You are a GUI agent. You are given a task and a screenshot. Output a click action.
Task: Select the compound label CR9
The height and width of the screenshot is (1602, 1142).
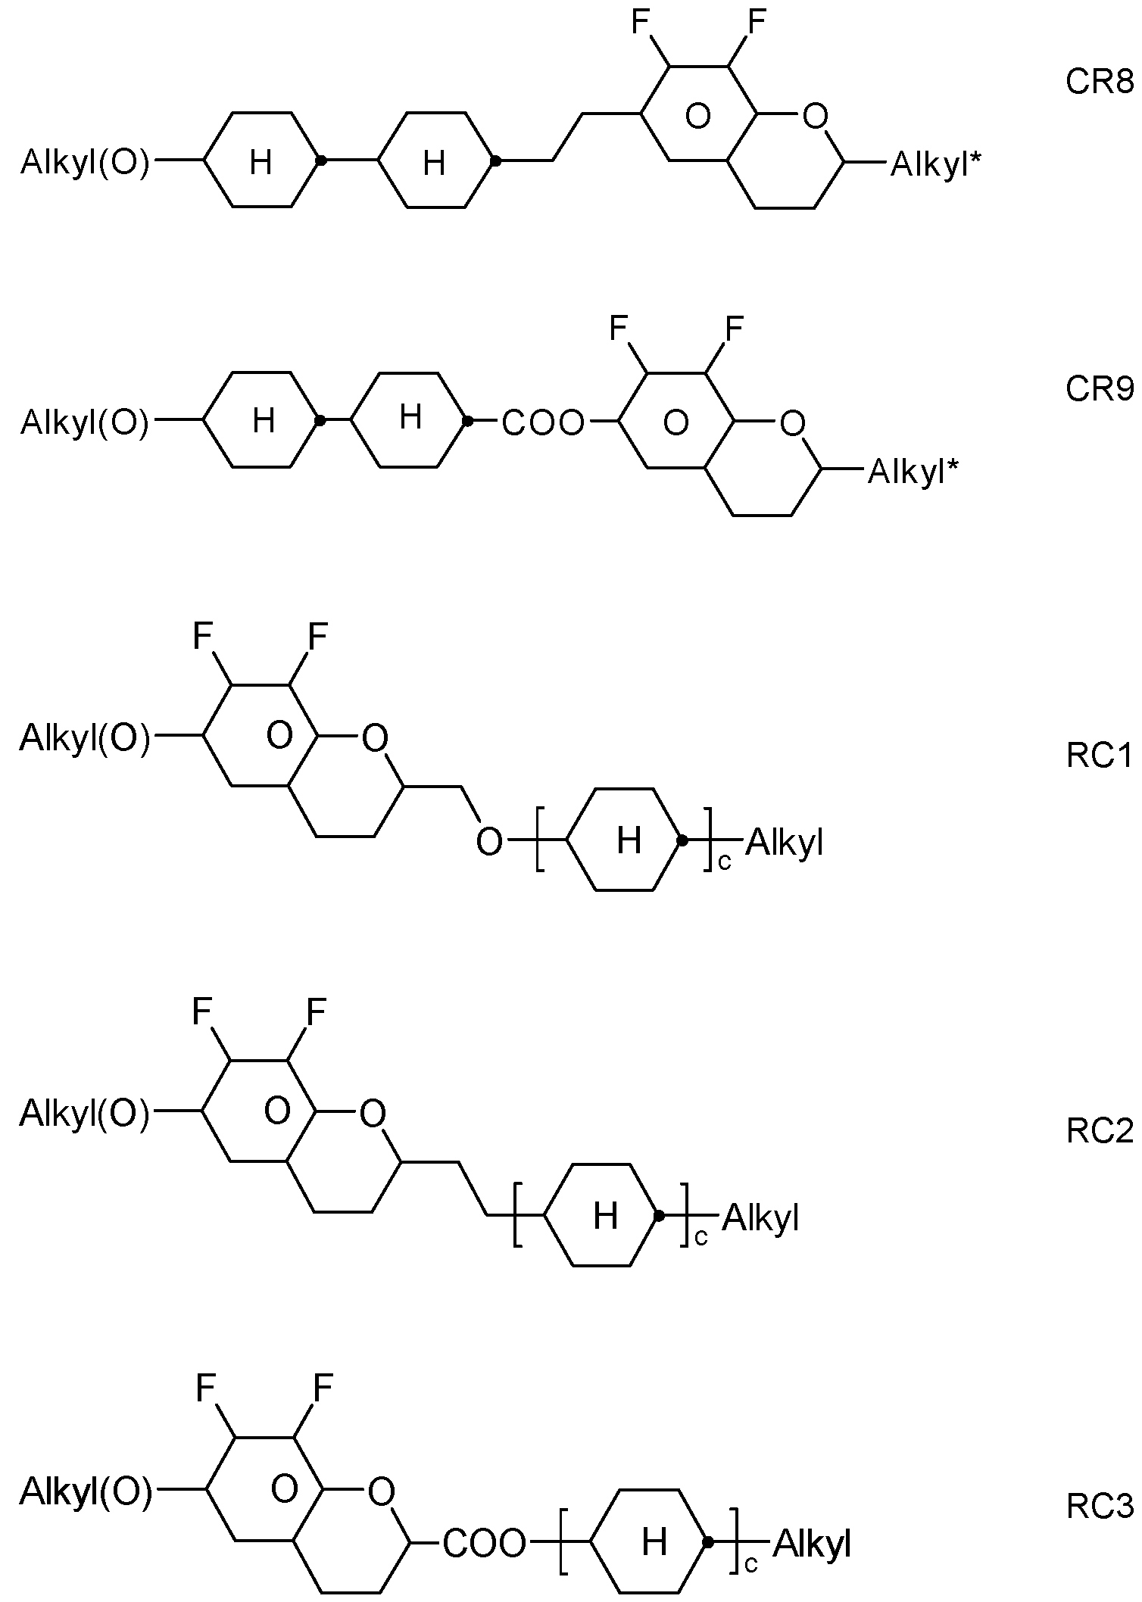click(x=1100, y=389)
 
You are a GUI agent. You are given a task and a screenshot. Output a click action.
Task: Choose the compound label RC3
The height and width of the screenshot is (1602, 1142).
click(x=1100, y=1506)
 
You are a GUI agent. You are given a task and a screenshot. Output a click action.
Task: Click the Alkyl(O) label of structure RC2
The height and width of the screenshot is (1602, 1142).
click(x=85, y=1113)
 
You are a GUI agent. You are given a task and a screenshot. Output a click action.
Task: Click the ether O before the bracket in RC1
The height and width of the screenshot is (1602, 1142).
click(x=489, y=841)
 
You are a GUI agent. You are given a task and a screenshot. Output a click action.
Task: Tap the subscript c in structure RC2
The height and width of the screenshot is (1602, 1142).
click(x=700, y=1239)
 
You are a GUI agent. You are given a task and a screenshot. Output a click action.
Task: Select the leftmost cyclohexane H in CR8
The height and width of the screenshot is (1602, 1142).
click(x=261, y=162)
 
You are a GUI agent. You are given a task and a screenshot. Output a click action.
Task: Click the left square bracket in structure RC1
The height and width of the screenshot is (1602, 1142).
click(x=540, y=840)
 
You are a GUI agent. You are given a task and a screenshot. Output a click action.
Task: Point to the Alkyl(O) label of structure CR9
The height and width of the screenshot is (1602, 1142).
click(x=85, y=422)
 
